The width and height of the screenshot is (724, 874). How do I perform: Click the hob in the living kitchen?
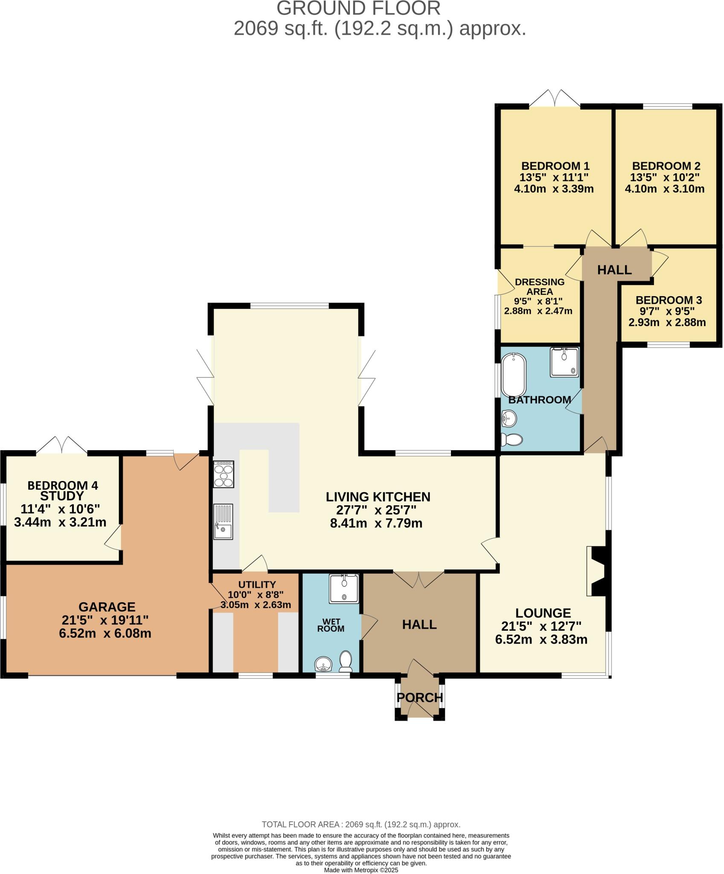(223, 474)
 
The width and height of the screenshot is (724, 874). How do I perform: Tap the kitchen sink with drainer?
(223, 521)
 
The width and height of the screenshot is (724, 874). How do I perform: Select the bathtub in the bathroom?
(513, 375)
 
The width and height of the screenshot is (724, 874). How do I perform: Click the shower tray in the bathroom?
(564, 362)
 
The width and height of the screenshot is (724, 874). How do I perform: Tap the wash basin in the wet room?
(323, 664)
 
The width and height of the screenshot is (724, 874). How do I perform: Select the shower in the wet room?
(344, 588)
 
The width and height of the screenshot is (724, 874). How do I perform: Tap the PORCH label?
(420, 697)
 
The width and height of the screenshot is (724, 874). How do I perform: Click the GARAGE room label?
(107, 606)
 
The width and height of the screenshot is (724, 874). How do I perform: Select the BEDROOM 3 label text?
(669, 300)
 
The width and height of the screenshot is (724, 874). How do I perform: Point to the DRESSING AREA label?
(540, 287)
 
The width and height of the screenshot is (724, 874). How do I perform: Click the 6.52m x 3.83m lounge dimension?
(541, 639)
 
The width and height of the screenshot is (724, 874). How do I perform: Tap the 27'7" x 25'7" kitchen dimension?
(371, 510)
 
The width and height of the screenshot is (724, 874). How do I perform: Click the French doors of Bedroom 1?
(555, 99)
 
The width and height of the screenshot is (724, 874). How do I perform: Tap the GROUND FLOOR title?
(358, 9)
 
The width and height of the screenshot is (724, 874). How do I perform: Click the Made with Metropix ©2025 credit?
(361, 870)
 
